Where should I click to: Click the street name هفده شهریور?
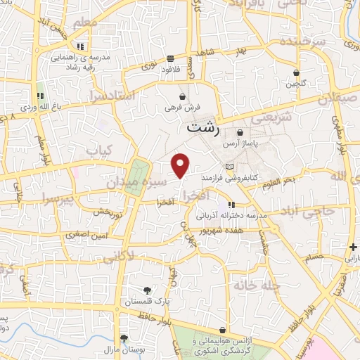tap(220, 231)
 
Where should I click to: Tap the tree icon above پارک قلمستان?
tap(146, 290)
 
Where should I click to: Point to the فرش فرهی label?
tap(183, 108)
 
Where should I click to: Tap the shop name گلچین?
tap(296, 84)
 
